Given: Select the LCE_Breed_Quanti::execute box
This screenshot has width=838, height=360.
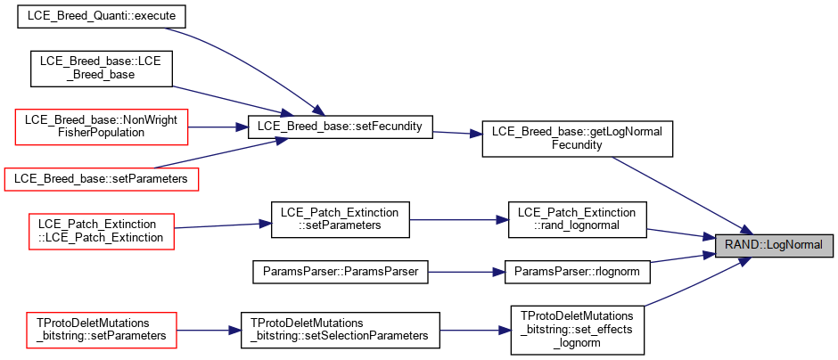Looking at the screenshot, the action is (x=102, y=16).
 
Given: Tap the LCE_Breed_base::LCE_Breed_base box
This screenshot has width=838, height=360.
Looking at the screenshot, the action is (x=102, y=69).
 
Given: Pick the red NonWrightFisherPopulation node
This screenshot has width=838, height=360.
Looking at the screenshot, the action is (x=102, y=127).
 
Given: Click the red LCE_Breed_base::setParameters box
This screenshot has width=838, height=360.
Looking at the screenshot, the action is (x=102, y=179).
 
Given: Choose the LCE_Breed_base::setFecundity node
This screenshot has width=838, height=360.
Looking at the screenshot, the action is (x=340, y=127).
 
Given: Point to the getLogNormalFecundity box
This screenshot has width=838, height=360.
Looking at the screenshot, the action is (x=577, y=139).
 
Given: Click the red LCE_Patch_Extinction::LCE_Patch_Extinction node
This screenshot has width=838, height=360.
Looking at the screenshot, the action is (x=102, y=231).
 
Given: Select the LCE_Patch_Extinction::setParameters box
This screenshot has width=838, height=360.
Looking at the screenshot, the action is (x=340, y=219).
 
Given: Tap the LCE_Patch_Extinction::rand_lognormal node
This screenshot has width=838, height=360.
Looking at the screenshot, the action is (x=577, y=219).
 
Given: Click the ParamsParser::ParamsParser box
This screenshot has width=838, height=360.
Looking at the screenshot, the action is (x=340, y=271).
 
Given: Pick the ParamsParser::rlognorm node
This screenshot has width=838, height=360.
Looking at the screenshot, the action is (x=577, y=271).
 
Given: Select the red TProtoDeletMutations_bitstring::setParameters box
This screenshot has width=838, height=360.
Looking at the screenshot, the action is (x=102, y=330).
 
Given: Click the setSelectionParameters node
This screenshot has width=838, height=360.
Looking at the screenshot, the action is (x=340, y=330).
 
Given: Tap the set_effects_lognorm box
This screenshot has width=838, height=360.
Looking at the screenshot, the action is (x=577, y=330).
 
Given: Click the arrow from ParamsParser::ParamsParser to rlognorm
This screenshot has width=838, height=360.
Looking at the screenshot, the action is (x=466, y=271).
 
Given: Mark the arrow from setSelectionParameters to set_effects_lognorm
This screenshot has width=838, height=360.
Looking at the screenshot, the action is (x=474, y=330).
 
